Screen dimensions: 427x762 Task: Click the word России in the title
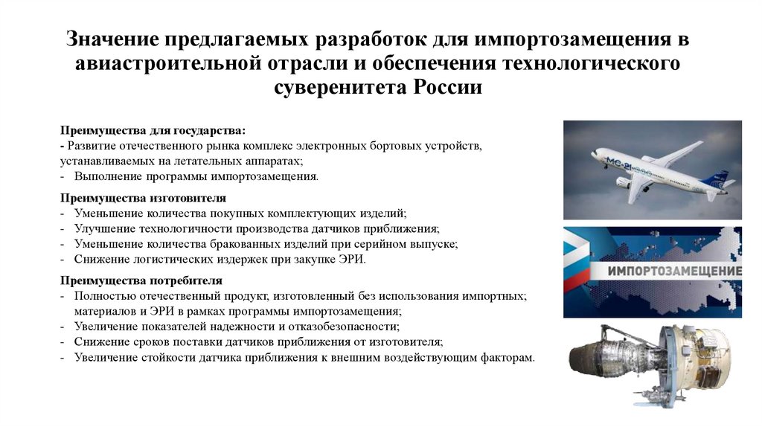(x=446, y=87)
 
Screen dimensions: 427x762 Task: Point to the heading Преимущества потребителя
(x=141, y=280)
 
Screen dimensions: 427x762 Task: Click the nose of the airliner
(x=595, y=153)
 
